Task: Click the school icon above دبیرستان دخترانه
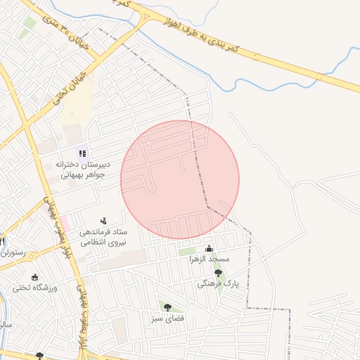click(x=82, y=153)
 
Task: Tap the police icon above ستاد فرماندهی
click(x=104, y=221)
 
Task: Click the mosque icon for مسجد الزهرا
click(x=209, y=249)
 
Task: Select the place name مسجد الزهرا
click(x=209, y=259)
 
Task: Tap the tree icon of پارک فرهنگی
click(x=218, y=273)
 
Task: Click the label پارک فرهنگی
click(x=218, y=283)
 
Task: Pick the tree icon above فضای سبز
click(x=167, y=307)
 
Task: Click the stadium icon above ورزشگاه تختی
click(x=35, y=276)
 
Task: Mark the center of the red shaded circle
click(x=180, y=180)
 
